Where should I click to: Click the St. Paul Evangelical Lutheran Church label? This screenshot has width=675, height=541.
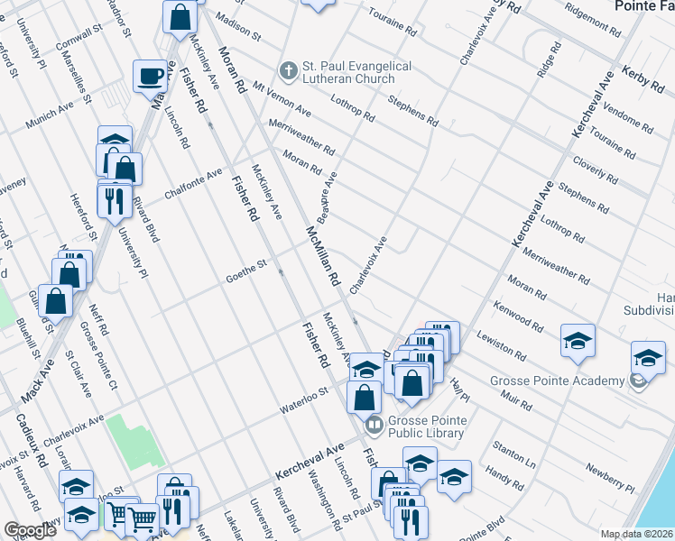[356, 73]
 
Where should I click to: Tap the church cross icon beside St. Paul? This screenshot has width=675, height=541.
[288, 69]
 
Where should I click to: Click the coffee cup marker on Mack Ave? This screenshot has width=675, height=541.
[149, 77]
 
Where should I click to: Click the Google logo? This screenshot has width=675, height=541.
[30, 530]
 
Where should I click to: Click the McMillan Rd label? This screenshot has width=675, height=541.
[320, 252]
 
